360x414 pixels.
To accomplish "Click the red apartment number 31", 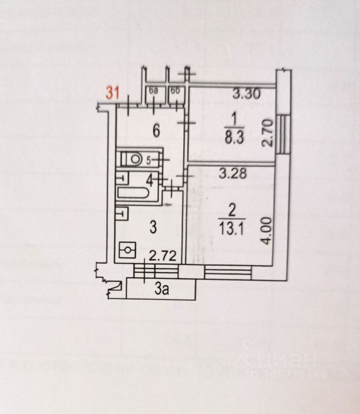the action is click(x=113, y=93).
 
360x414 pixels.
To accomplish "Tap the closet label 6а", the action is click(x=153, y=91).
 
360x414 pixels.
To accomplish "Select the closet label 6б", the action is click(x=175, y=91).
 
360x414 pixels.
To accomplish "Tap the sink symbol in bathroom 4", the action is click(x=122, y=177).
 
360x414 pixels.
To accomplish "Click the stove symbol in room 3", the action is click(x=127, y=249).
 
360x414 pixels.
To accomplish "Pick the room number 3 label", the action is click(x=153, y=228).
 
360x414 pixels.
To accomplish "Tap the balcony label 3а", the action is click(x=162, y=289).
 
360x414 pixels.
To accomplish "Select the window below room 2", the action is click(x=228, y=271).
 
